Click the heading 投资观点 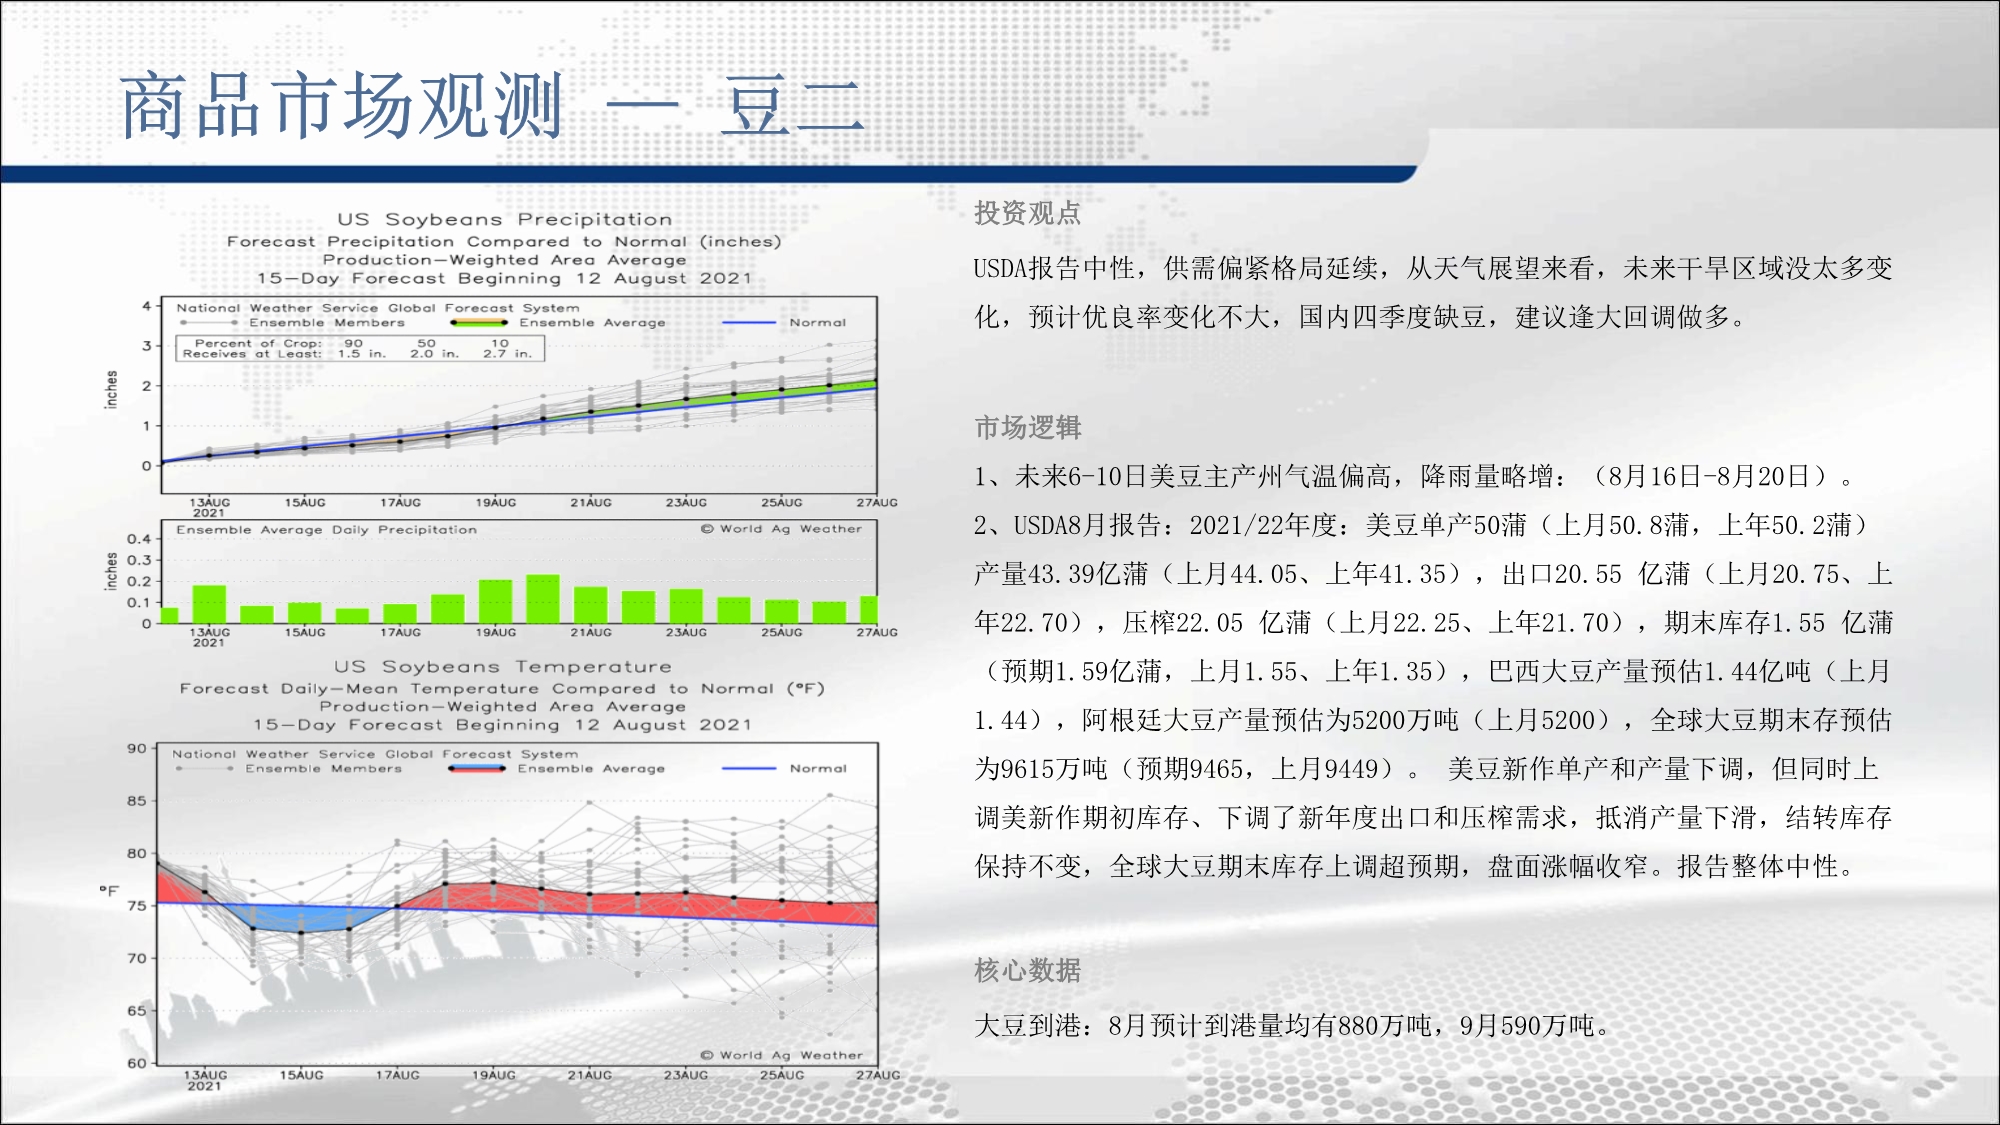(x=1027, y=213)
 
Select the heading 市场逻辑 (x=1027, y=428)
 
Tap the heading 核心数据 (x=1027, y=970)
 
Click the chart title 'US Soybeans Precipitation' (x=504, y=219)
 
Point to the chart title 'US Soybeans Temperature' (x=503, y=666)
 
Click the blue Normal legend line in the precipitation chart (x=748, y=322)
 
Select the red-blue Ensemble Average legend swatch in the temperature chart (x=477, y=768)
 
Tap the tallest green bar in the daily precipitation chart (x=543, y=599)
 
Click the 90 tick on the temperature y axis (x=136, y=748)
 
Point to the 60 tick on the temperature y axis (x=136, y=1063)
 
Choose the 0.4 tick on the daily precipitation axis (x=139, y=539)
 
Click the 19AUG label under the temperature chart (x=494, y=1075)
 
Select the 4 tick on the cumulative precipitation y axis (x=146, y=306)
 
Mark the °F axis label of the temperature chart (x=109, y=890)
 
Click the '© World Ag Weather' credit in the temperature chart (x=781, y=1055)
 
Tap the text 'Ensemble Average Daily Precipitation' (x=327, y=529)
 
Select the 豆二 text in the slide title (x=792, y=105)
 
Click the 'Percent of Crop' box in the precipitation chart (x=360, y=348)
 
